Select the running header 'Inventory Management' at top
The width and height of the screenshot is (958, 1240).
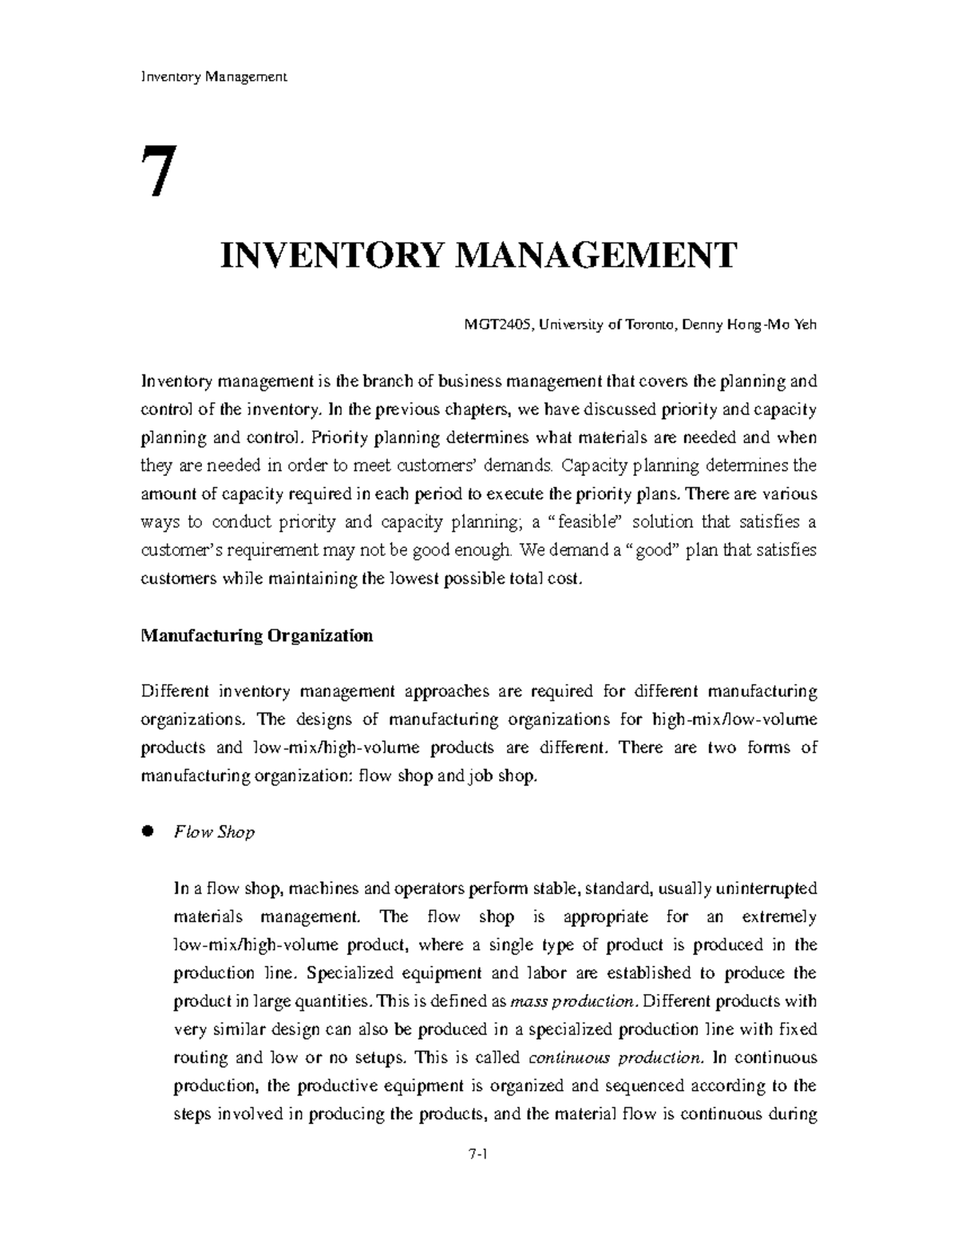213,77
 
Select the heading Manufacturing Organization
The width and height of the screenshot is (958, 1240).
256,636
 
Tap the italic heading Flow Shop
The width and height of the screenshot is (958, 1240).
214,832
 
